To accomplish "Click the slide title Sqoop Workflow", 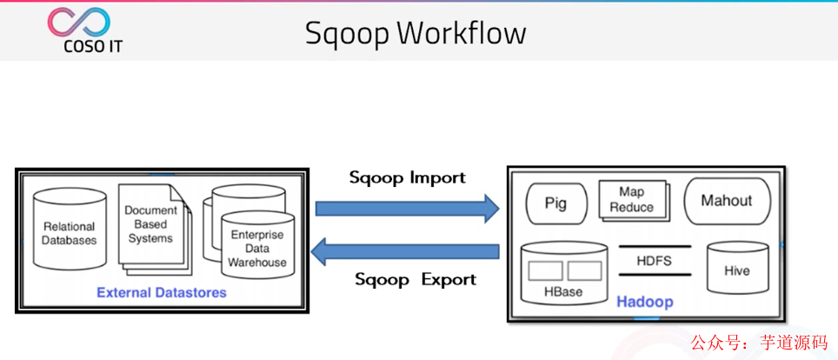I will [416, 33].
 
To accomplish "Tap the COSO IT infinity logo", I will [80, 22].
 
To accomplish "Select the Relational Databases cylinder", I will [70, 228].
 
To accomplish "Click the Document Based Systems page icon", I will [150, 224].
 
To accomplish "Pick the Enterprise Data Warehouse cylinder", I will [257, 246].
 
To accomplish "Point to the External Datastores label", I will [162, 292].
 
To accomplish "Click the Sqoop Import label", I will [407, 177].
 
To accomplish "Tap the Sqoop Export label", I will [416, 279].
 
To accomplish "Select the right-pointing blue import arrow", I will [406, 209].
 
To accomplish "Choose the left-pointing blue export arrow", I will [406, 252].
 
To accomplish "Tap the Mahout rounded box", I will [727, 201].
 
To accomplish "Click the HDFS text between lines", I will [654, 261].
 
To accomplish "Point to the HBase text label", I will [563, 292].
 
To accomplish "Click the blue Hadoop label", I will [645, 302].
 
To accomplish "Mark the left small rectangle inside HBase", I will [545, 270].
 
